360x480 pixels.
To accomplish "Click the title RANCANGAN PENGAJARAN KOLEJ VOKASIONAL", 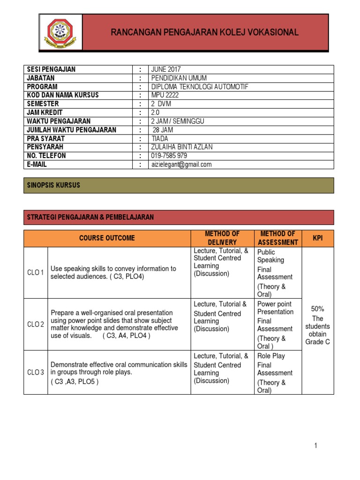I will point(204,32).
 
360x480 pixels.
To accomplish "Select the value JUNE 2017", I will point(166,69).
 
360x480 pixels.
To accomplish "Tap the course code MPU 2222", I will point(165,95).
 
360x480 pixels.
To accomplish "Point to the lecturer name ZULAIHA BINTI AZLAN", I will point(181,147).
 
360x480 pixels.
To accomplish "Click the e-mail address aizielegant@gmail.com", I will point(181,165).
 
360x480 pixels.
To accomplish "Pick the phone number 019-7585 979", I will point(169,156).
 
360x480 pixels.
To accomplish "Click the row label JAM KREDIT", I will point(45,112).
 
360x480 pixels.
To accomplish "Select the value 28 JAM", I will point(163,130).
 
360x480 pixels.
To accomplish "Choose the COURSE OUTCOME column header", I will point(107,238).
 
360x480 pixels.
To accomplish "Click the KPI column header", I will point(318,238).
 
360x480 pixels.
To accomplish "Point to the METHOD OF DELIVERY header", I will point(223,238).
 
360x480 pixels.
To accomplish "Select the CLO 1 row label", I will point(35,272).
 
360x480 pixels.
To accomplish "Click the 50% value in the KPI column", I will point(318,309).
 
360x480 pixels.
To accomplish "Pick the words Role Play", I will point(271,356).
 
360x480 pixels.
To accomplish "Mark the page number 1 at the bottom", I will point(316,446).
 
